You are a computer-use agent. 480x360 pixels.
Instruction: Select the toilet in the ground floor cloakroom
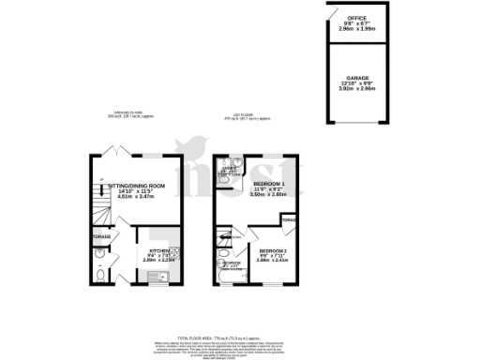[x=101, y=277]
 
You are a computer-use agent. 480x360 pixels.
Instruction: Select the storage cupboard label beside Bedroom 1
[x=290, y=221]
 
